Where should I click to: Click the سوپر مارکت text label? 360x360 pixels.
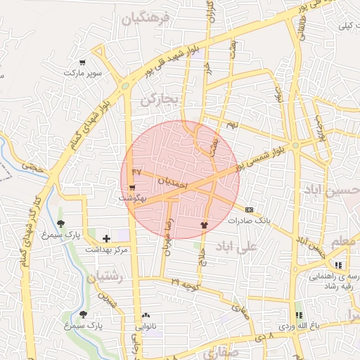pos(83,72)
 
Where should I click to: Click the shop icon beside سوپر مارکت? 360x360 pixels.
pos(83,63)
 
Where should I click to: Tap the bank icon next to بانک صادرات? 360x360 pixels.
pos(249,210)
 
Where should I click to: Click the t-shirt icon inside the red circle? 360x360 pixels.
pos(205,226)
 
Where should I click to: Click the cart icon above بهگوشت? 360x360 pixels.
pos(132,188)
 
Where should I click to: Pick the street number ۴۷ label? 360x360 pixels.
pos(136,171)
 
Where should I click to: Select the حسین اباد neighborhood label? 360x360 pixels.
pos(330,190)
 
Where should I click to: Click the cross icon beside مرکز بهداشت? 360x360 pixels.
pos(105,239)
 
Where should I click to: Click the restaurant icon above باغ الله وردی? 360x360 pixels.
pos(299,316)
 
